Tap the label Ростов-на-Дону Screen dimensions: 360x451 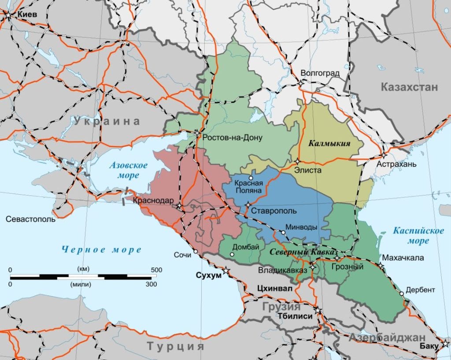pyautogui.click(x=232, y=137)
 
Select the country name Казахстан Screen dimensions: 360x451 pyautogui.click(x=410, y=87)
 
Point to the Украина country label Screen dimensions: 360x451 pyautogui.click(x=107, y=121)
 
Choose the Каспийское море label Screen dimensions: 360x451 pyautogui.click(x=412, y=236)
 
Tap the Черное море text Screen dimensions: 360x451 pyautogui.click(x=102, y=250)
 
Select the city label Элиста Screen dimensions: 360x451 pyautogui.click(x=308, y=170)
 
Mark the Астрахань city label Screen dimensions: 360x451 pyautogui.click(x=396, y=164)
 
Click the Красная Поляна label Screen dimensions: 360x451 pyautogui.click(x=249, y=187)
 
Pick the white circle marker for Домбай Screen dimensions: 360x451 pyautogui.click(x=232, y=254)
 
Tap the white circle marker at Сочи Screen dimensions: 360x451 pyautogui.click(x=195, y=252)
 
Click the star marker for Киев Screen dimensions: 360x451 pyautogui.click(x=9, y=15)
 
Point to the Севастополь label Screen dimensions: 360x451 pyautogui.click(x=31, y=219)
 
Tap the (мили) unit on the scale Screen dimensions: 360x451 pyautogui.click(x=80, y=285)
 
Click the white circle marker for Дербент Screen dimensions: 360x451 pyautogui.click(x=401, y=294)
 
